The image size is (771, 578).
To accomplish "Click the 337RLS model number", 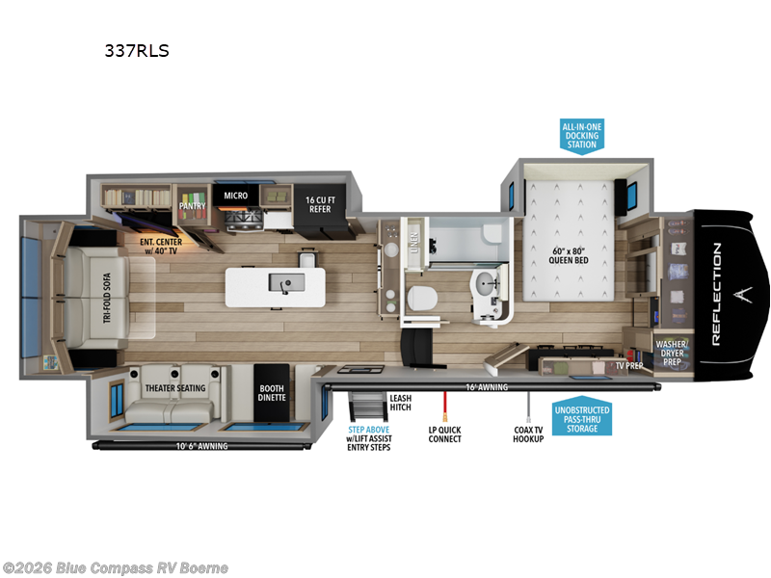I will coord(136,51).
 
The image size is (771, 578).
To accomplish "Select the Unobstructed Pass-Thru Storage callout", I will coord(582,418).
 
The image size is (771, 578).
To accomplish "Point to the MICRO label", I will coord(236,196).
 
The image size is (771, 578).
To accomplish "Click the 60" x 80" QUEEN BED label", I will coord(567,250).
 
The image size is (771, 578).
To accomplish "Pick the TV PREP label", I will coord(629,366).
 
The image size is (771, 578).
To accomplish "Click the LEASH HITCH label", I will coord(401,403).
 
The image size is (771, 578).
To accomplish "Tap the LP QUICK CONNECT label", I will coord(444,433).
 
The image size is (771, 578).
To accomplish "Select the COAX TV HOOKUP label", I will coord(529,433).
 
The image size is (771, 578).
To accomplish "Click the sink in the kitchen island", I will coord(285,282).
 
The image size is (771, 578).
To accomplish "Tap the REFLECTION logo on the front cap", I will coord(717,294).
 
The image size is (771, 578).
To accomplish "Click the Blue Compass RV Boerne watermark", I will coord(116,567).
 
